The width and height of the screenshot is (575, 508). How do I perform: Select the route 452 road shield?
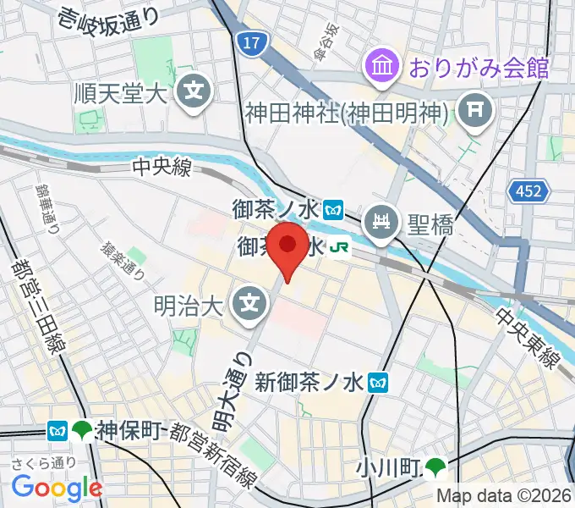pyautogui.click(x=528, y=192)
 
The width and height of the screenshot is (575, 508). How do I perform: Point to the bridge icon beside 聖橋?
pyautogui.click(x=381, y=224)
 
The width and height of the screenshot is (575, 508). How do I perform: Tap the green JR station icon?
pyautogui.click(x=340, y=247)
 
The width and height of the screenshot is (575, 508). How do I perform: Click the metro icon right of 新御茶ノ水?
pyautogui.click(x=379, y=384)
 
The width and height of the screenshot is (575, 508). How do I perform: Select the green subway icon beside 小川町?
pyautogui.click(x=436, y=467)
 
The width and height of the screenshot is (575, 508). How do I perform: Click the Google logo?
pyautogui.click(x=57, y=487)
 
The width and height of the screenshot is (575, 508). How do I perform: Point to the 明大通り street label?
pyautogui.click(x=243, y=389)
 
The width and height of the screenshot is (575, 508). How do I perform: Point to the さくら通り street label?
pyautogui.click(x=44, y=462)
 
